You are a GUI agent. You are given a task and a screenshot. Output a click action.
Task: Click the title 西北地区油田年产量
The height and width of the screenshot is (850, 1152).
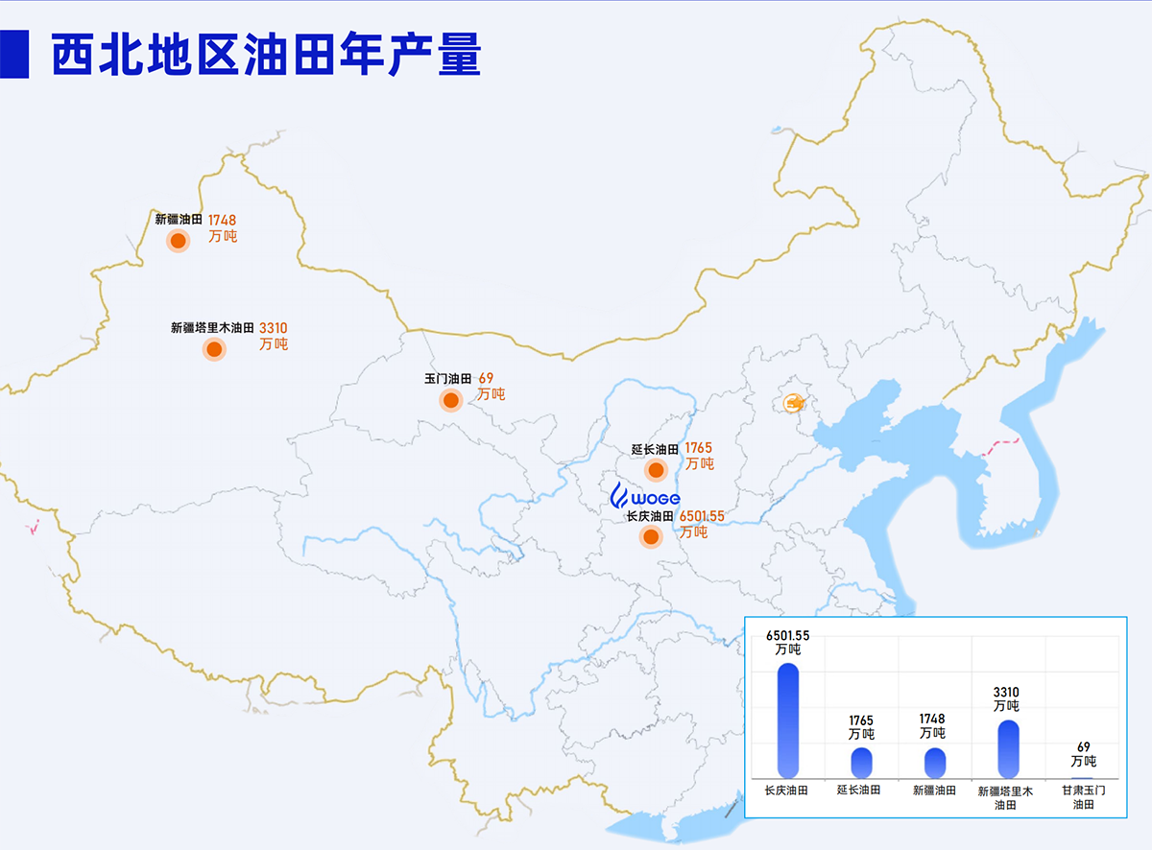click(x=265, y=55)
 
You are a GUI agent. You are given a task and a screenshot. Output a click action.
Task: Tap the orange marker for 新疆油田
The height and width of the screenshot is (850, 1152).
click(x=178, y=241)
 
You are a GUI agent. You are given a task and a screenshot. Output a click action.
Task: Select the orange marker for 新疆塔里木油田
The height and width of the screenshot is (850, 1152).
click(x=213, y=348)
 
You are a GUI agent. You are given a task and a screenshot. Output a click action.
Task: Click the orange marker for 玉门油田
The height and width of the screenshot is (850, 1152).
click(x=450, y=400)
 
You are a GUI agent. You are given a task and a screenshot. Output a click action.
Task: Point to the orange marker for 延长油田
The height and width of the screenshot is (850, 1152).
click(x=656, y=470)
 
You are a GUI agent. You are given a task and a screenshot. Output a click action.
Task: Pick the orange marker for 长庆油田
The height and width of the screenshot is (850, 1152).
click(x=651, y=537)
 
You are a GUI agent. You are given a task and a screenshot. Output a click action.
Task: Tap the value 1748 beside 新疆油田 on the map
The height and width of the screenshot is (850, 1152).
click(x=222, y=221)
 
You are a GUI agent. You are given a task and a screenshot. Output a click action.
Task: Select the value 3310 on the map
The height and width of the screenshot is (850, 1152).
click(x=274, y=328)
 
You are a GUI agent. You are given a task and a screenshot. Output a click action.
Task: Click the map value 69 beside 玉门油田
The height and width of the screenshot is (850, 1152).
click(x=486, y=379)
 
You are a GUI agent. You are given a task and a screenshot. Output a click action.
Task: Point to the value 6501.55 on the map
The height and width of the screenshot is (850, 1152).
click(x=702, y=516)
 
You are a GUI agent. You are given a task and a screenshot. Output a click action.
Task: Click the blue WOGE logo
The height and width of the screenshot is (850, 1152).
click(x=645, y=497)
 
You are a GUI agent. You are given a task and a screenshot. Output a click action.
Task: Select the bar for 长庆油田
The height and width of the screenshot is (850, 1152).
click(x=788, y=720)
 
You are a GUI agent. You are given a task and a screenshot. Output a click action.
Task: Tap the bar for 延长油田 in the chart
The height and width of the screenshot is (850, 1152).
click(x=861, y=762)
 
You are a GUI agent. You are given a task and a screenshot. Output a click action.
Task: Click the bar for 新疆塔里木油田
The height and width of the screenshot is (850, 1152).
click(x=1008, y=748)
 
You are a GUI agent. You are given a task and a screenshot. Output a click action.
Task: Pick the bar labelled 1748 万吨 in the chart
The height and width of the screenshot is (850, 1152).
click(x=934, y=762)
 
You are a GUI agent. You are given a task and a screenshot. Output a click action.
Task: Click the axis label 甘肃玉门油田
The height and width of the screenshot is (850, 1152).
click(x=1083, y=797)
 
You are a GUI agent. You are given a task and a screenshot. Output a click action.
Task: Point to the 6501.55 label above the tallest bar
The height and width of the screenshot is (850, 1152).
click(x=788, y=634)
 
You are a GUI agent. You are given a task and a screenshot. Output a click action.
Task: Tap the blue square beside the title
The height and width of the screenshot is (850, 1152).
click(x=12, y=55)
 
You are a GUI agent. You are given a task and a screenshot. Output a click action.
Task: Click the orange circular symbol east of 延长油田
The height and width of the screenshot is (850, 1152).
click(x=793, y=403)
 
